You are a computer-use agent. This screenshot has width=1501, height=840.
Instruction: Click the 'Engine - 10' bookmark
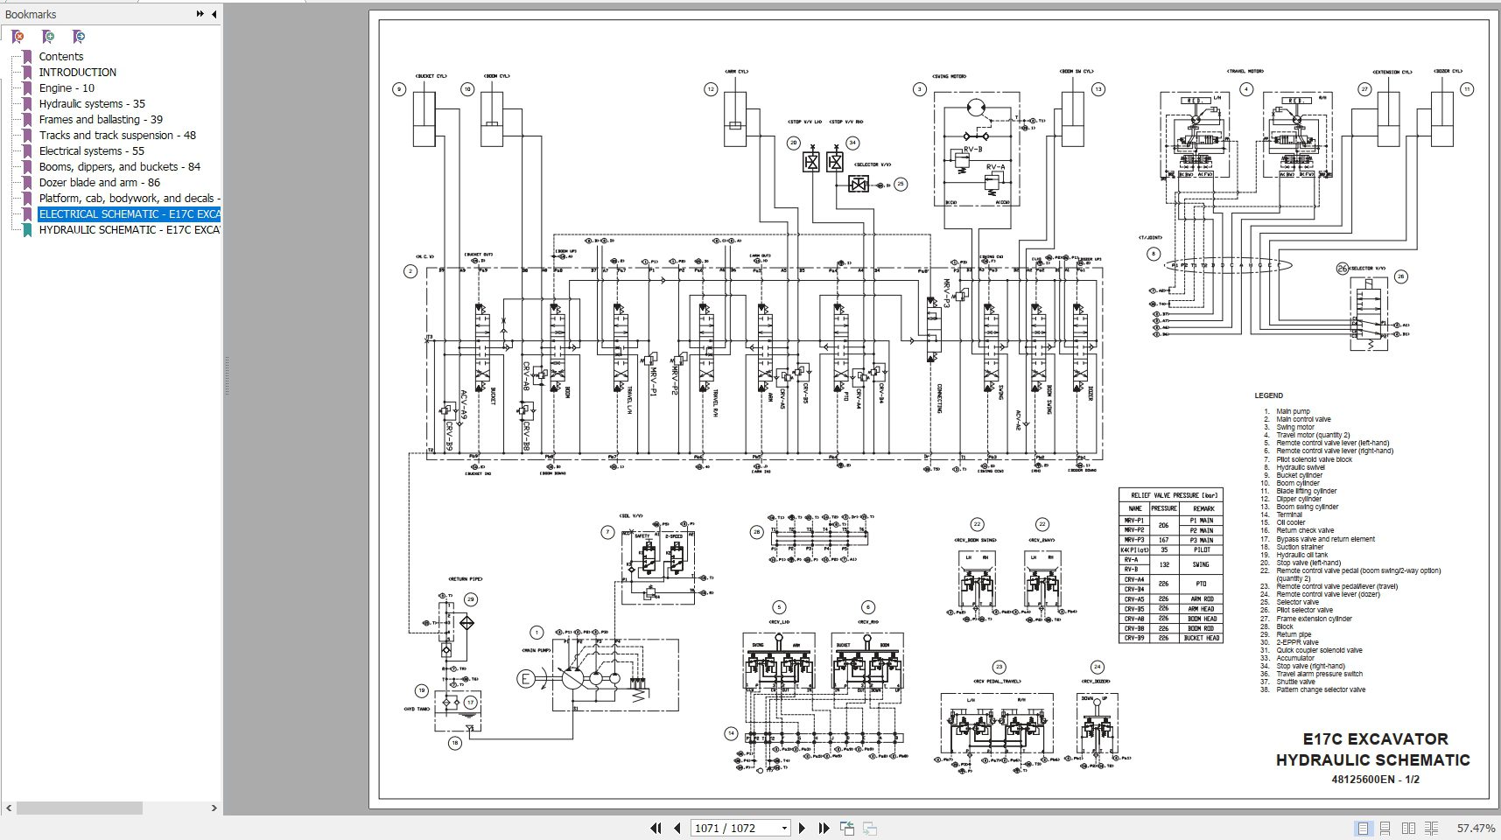click(x=67, y=87)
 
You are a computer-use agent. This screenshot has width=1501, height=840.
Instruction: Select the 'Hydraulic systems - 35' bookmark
click(x=92, y=103)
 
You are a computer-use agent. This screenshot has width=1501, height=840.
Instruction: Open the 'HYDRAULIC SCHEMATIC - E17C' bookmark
click(x=128, y=229)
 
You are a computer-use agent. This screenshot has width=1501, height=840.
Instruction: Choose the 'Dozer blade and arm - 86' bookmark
click(x=99, y=182)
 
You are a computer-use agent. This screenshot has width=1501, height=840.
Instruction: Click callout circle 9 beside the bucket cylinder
click(x=399, y=89)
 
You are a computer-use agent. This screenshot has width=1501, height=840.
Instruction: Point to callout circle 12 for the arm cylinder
click(x=711, y=89)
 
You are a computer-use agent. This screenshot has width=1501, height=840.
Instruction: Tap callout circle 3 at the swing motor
click(x=919, y=89)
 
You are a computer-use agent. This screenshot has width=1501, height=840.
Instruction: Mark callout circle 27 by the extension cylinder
click(x=1364, y=89)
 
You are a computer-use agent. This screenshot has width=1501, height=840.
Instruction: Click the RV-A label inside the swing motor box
click(x=995, y=167)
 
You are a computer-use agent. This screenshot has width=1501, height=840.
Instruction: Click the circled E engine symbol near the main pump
click(x=526, y=678)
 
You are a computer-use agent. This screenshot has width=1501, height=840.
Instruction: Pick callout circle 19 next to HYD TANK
click(x=421, y=690)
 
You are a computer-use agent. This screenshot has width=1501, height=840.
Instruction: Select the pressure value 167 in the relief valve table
click(x=1163, y=540)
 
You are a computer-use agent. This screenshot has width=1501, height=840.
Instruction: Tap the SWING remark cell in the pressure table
click(x=1201, y=564)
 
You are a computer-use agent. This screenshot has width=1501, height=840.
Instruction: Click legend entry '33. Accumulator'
click(x=1295, y=658)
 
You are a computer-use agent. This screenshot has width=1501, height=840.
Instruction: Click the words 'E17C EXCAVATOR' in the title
click(x=1375, y=738)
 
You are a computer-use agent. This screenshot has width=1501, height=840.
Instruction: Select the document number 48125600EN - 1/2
click(x=1375, y=779)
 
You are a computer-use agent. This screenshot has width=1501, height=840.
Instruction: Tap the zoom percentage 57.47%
click(x=1476, y=828)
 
